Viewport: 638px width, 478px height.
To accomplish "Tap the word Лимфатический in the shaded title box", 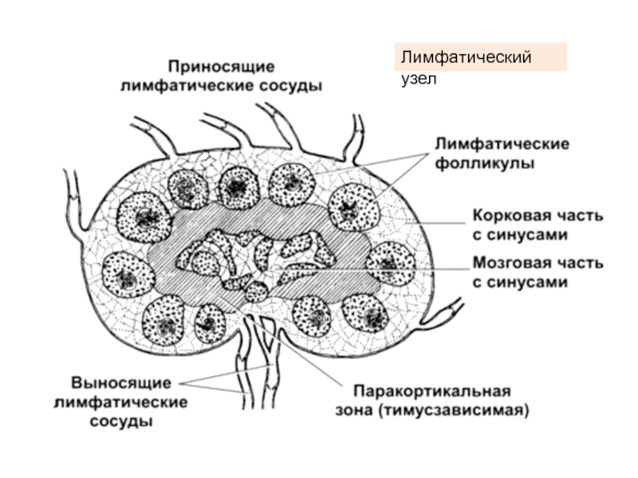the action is point(467,58).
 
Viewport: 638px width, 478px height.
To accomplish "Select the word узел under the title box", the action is point(417,80).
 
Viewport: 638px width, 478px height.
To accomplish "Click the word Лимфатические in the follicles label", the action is point(501,145).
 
